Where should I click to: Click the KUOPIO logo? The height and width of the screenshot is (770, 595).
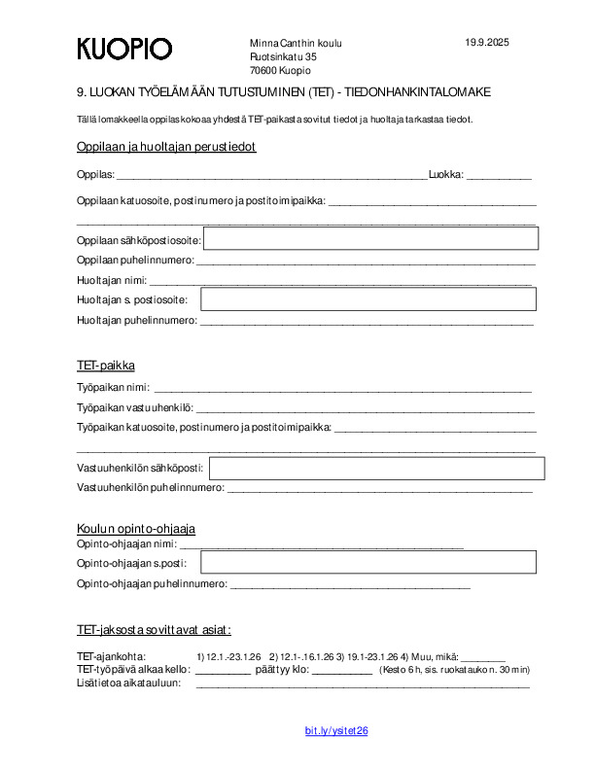(124, 49)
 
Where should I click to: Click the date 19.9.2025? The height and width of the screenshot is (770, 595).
(487, 43)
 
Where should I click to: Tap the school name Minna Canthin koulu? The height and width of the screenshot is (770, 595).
(296, 44)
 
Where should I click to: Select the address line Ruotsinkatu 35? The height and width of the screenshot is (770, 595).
(283, 57)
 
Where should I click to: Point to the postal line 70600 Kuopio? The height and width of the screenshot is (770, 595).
(280, 71)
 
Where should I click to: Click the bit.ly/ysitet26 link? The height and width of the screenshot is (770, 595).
(336, 731)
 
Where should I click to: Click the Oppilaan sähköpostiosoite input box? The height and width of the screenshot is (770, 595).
(370, 237)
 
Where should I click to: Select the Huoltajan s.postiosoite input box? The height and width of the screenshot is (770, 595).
(368, 299)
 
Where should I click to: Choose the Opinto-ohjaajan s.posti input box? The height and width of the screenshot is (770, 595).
(368, 562)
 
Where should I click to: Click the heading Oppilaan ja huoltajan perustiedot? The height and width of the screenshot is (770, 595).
(166, 147)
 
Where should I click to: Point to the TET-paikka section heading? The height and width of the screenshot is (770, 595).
(106, 366)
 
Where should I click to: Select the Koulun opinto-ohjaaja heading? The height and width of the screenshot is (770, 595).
(136, 528)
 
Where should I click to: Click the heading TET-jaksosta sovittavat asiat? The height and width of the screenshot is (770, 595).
(154, 629)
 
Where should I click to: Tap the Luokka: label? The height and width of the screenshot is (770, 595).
(445, 175)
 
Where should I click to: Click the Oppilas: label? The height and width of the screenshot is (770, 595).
(95, 175)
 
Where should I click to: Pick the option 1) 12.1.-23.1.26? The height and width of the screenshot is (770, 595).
(228, 656)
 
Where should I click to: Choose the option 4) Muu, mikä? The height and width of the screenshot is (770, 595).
(429, 656)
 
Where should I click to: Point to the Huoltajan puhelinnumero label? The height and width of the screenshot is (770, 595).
(136, 320)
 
